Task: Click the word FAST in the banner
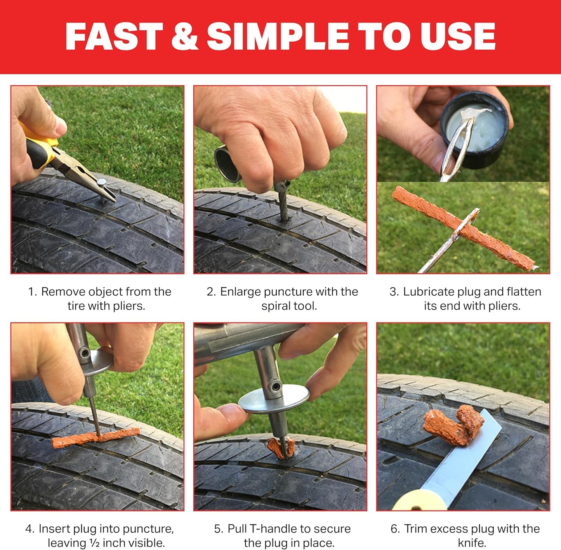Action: click(x=114, y=36)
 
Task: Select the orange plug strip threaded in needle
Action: click(x=466, y=229)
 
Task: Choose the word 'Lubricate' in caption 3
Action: click(x=429, y=291)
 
